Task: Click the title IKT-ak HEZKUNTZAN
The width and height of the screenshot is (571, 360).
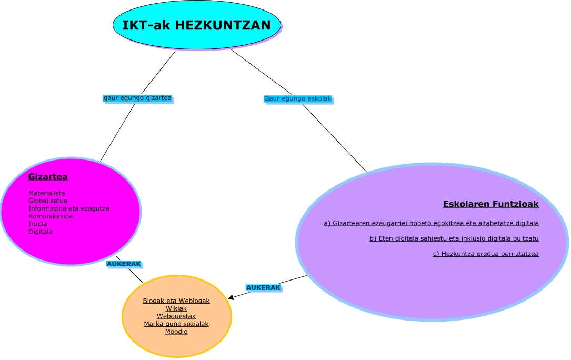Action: (196, 25)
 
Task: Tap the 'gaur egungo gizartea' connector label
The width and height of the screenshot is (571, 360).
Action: (137, 98)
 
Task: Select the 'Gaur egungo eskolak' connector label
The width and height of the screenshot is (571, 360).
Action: (297, 98)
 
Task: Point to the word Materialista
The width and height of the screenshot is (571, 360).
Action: (47, 193)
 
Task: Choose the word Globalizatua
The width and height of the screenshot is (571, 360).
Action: (48, 201)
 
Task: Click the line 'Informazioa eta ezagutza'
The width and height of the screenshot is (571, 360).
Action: (69, 208)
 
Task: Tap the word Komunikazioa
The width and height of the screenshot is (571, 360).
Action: (51, 216)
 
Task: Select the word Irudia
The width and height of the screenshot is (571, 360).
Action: (38, 224)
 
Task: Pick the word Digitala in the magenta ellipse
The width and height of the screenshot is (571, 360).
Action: (41, 231)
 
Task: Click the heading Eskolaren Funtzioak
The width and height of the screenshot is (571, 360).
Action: (490, 204)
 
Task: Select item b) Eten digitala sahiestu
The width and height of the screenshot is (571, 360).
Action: (454, 238)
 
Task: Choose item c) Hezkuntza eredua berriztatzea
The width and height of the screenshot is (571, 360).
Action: (485, 254)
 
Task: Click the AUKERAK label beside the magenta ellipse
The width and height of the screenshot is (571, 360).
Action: (124, 264)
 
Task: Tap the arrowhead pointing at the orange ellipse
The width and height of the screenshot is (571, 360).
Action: (231, 298)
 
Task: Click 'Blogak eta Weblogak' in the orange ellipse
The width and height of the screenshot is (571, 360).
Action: (176, 301)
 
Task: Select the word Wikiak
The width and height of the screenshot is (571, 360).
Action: (176, 308)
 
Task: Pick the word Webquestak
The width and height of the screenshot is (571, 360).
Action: (176, 316)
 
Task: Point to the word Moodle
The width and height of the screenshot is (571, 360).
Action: (176, 332)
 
